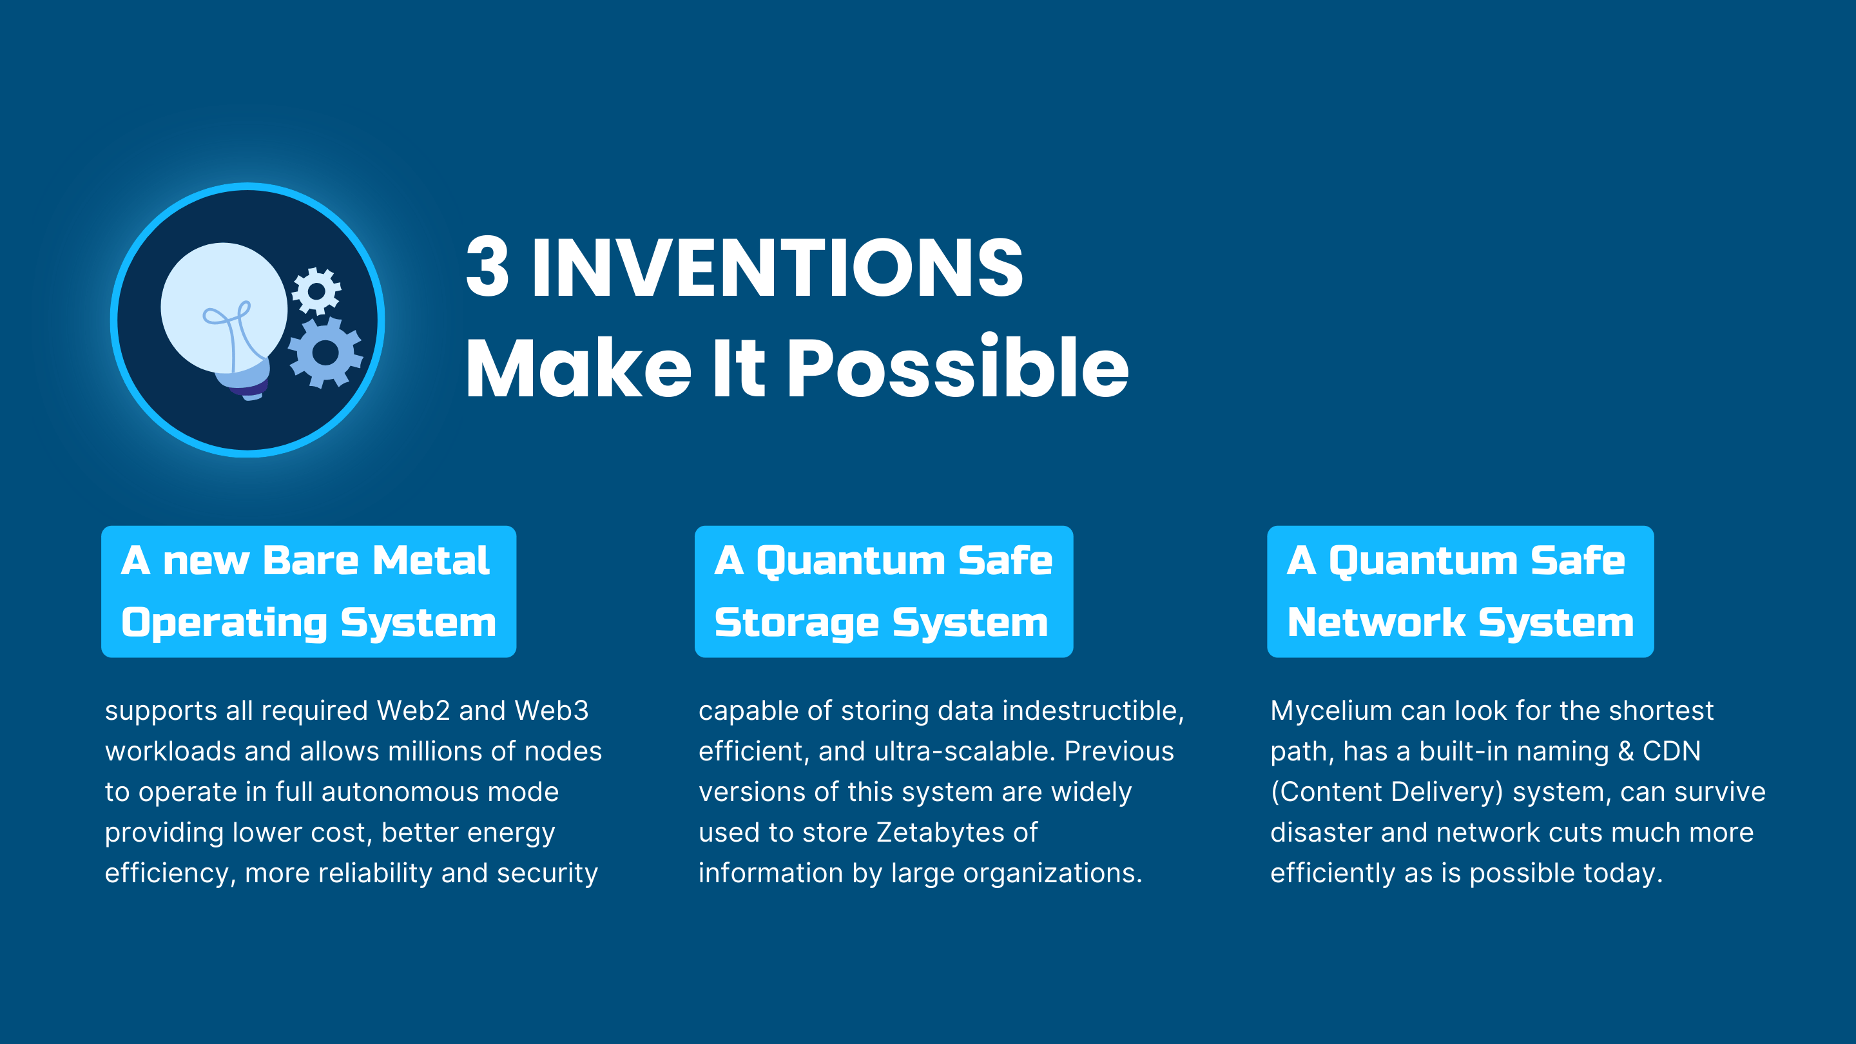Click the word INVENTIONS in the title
777,267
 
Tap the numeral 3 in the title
487,267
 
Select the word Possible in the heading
958,368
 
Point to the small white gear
316,291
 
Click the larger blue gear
325,353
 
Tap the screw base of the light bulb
249,382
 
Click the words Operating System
309,623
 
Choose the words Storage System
881,623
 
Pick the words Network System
1460,623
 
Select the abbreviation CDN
1672,751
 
